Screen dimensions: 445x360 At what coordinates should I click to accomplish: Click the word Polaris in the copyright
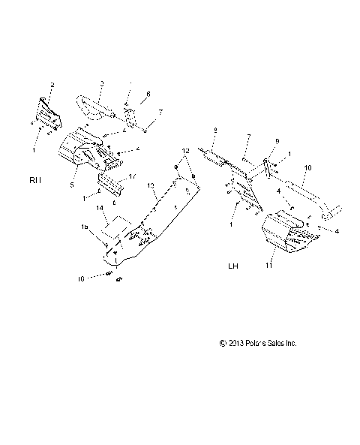tap(256, 343)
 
